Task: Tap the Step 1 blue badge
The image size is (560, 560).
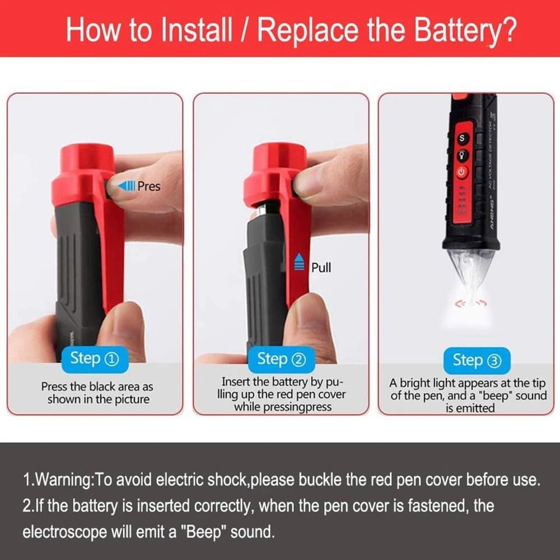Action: [x=95, y=359]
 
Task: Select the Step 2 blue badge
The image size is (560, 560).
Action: [x=282, y=359]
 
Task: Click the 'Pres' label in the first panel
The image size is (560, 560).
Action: [x=148, y=186]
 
